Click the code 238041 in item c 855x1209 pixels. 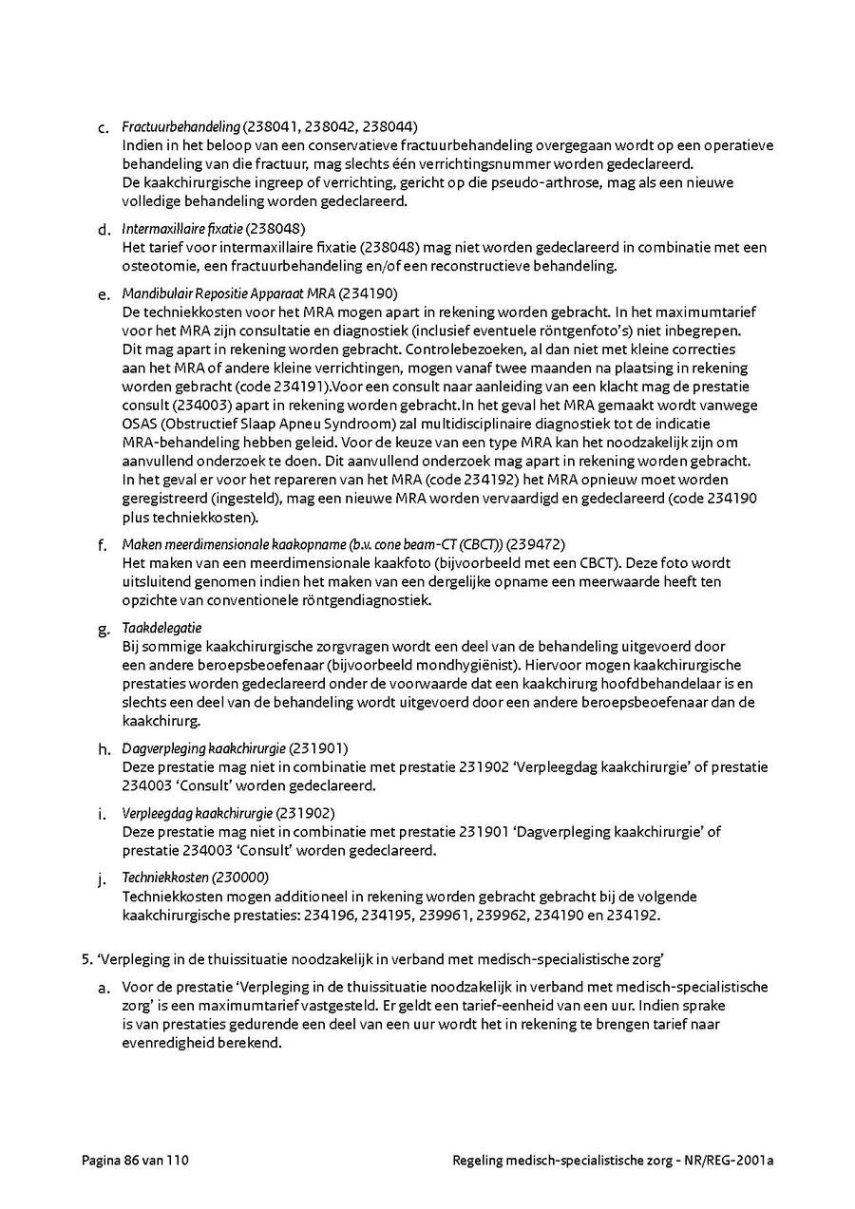(275, 126)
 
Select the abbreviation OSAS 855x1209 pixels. (140, 423)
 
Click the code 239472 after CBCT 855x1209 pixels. (536, 545)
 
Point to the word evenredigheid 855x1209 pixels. (167, 1041)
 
